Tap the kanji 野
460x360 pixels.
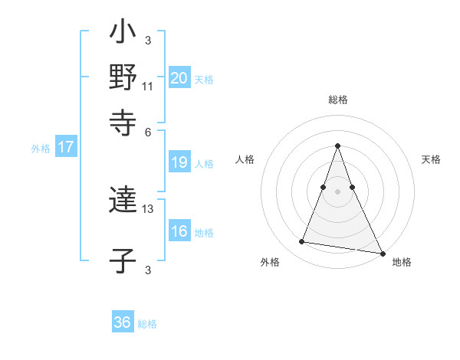pos(123,77)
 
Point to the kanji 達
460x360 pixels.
pos(123,201)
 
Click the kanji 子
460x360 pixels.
pos(123,261)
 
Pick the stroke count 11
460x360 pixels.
pos(148,87)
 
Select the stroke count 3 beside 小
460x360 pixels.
pos(148,41)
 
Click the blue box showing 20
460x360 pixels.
pos(179,77)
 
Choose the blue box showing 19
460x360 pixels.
pos(179,162)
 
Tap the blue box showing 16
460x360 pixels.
pos(179,231)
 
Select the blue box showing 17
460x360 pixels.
pos(65,147)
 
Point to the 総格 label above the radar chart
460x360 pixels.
pos(338,100)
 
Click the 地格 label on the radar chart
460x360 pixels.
pos(402,263)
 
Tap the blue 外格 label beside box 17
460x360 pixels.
pos(41,149)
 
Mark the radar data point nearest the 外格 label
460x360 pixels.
pos(302,242)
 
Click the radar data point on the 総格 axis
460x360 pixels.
pos(338,146)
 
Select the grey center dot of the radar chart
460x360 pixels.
pos(338,191)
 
